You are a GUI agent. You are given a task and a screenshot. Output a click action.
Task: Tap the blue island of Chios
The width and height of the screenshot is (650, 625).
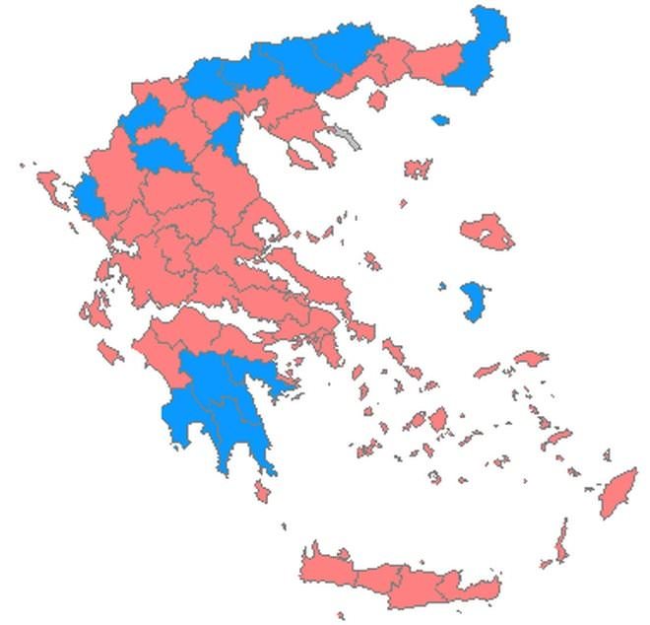point(475,300)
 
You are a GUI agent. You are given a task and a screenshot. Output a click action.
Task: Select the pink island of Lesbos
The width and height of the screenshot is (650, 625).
point(487,232)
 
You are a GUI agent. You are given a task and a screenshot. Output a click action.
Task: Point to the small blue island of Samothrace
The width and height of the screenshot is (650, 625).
point(440,120)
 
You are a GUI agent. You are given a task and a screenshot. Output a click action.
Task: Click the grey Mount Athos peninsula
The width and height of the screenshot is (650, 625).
point(347,136)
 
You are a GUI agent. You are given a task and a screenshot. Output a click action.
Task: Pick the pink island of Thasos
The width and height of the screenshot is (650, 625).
point(376,100)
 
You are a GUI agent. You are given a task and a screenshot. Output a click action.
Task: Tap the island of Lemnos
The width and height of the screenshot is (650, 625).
point(418,169)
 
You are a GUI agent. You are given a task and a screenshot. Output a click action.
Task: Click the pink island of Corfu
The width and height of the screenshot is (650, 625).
point(50,186)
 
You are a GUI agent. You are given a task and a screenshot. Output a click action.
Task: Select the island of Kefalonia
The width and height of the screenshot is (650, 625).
point(96,311)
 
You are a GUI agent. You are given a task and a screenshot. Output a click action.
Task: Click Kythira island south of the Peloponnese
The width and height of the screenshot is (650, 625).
point(261,490)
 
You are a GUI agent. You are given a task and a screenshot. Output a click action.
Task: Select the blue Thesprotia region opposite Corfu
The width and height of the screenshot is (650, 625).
point(90,197)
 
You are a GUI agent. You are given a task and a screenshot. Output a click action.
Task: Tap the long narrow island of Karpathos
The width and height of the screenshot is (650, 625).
point(561,541)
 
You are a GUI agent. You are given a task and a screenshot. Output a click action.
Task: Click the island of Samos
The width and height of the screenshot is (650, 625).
point(530,358)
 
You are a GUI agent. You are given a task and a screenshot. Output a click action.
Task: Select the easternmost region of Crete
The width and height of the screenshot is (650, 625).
point(477,590)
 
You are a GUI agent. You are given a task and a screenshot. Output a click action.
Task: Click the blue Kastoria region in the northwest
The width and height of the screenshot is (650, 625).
point(141,116)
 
